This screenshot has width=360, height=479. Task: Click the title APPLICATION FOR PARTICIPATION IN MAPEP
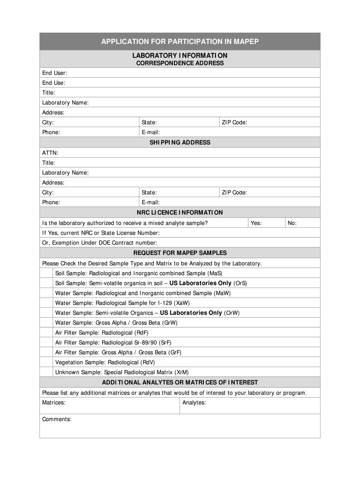click(180, 42)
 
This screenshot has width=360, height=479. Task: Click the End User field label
click(55, 73)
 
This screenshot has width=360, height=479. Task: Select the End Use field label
click(54, 83)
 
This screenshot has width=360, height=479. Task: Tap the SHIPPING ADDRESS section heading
click(180, 142)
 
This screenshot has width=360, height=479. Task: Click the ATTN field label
click(50, 153)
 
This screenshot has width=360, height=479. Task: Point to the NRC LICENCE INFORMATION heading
click(180, 212)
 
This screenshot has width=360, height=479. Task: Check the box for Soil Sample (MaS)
click(46, 273)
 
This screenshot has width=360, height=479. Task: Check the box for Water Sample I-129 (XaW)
click(46, 303)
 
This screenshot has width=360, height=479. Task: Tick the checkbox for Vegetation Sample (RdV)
click(46, 362)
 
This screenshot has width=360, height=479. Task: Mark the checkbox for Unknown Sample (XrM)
click(46, 372)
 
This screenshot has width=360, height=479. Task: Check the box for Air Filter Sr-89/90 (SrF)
click(46, 342)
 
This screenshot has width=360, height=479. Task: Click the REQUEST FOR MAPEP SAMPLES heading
click(180, 253)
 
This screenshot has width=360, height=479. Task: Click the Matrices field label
click(54, 403)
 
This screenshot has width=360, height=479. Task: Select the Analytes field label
click(194, 403)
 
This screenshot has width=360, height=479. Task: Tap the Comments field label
click(57, 419)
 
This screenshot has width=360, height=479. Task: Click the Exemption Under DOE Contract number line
click(100, 243)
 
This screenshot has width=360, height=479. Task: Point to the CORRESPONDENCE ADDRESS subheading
click(180, 63)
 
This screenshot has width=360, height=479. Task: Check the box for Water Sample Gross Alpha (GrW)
click(46, 323)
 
